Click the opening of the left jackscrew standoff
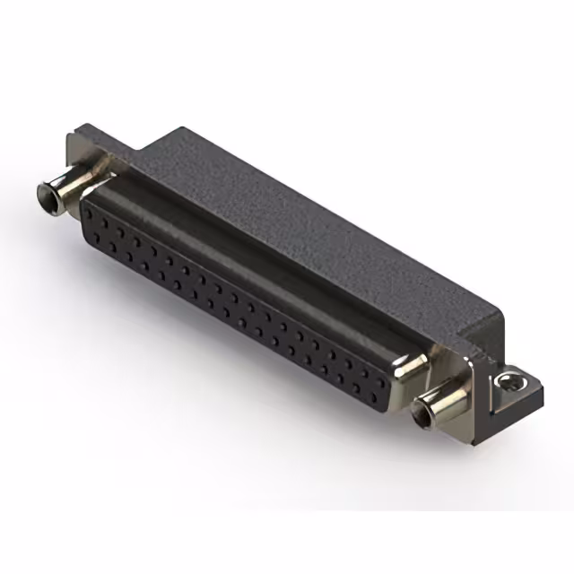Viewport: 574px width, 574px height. click(x=45, y=192)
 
